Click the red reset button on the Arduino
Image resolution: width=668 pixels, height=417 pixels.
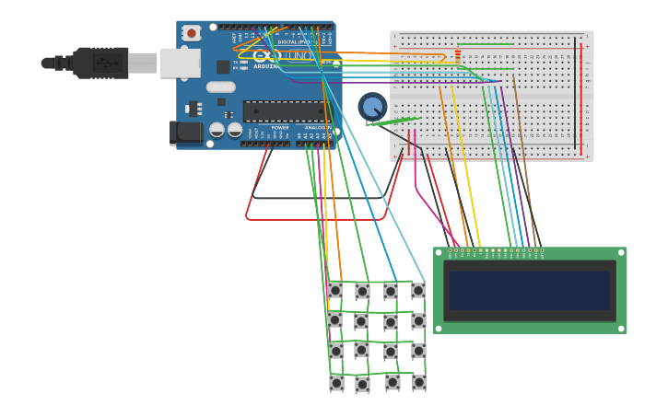192,33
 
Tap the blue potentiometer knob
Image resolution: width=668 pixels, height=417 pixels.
372,107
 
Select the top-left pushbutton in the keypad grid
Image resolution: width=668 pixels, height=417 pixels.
334,290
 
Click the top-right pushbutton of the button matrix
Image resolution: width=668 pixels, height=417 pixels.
418,290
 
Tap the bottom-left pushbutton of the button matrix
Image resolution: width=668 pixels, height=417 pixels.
336,383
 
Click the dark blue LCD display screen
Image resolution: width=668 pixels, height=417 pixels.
529,290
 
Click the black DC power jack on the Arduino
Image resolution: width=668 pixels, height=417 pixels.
187,133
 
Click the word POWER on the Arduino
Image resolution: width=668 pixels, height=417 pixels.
280,128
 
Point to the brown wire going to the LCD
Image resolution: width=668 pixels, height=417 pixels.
526,166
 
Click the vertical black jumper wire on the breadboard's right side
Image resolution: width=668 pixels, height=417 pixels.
577,92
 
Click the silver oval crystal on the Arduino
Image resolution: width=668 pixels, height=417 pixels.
221,87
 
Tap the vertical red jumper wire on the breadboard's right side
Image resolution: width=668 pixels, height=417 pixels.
583,92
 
